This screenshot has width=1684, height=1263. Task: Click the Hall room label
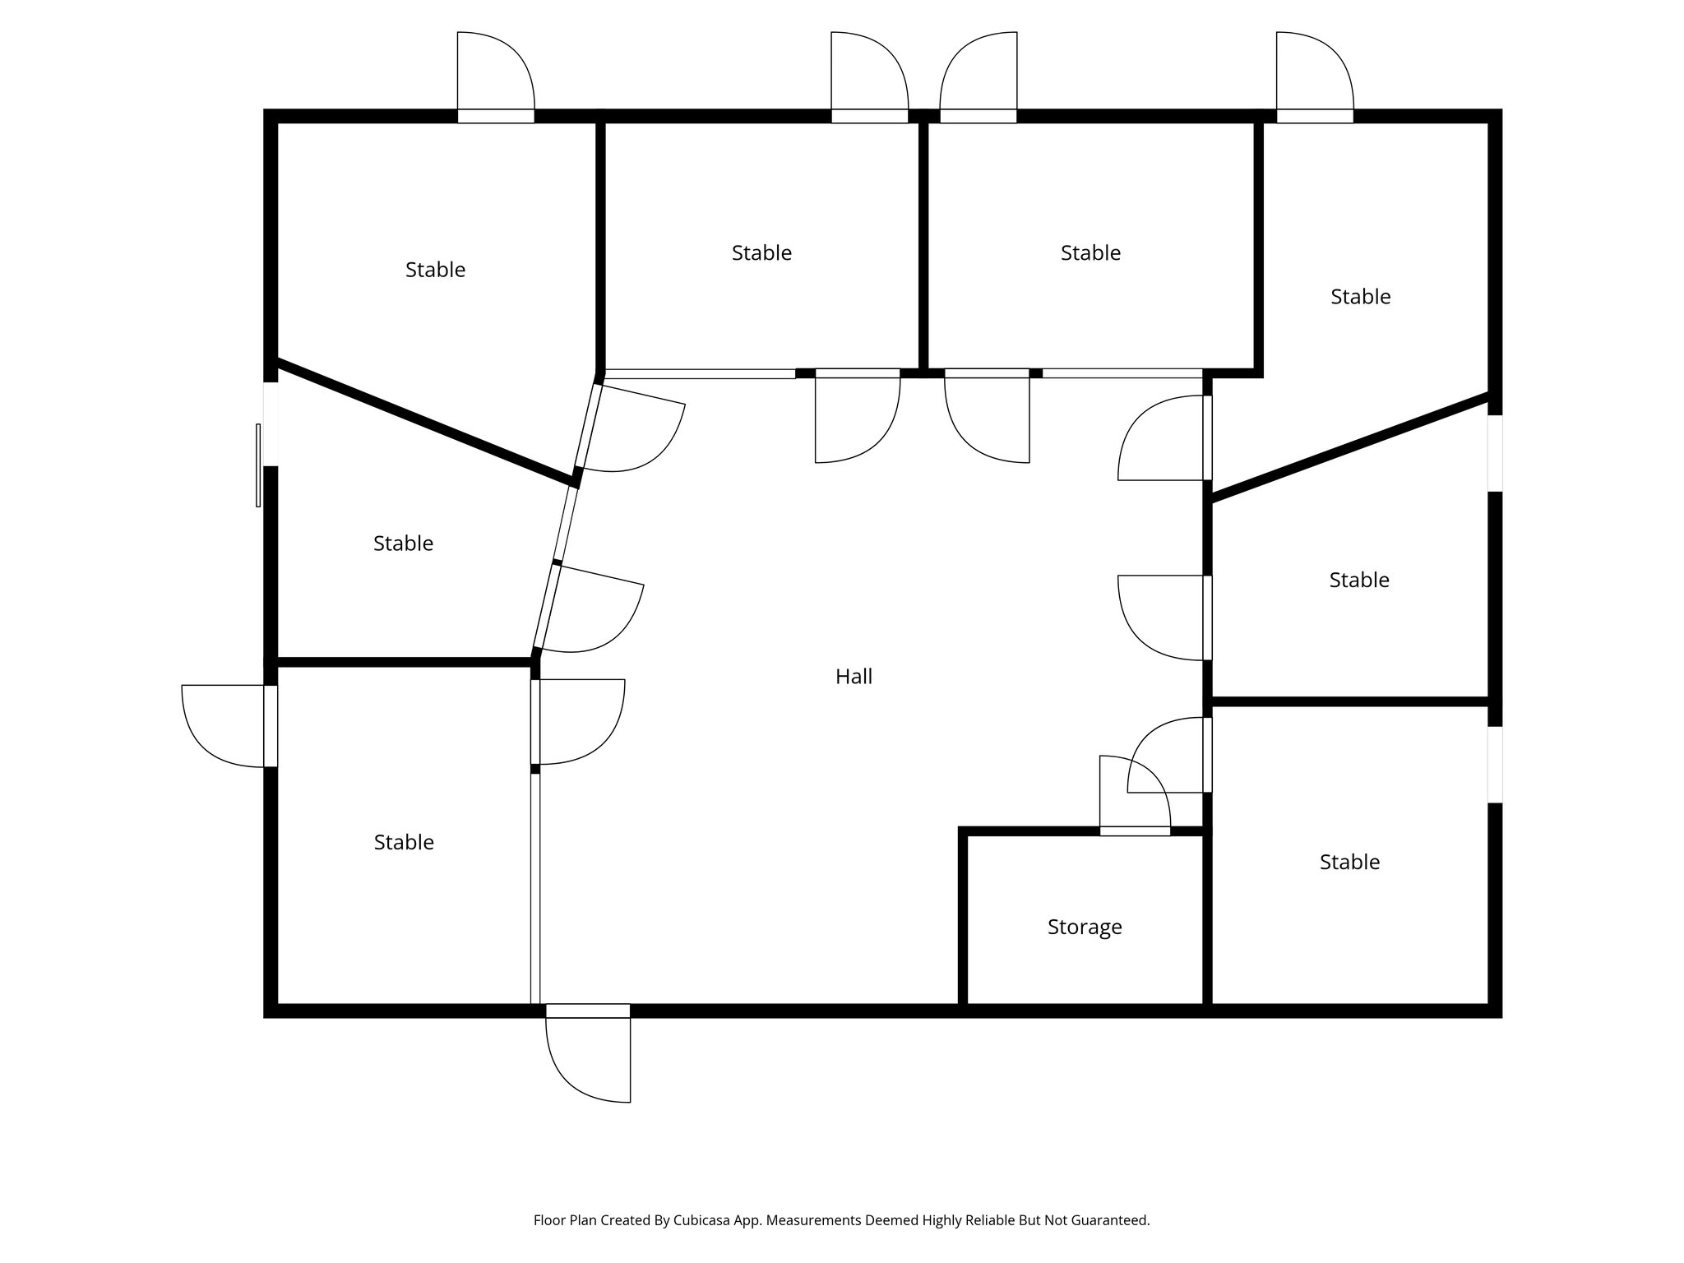pos(854,677)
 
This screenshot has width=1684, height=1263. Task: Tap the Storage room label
pos(1085,928)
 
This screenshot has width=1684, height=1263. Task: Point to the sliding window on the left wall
pos(259,465)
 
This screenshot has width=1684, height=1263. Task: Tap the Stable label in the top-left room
pos(435,270)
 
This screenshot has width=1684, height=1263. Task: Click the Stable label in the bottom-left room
pos(404,842)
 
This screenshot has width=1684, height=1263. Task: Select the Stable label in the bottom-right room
pos(1349,862)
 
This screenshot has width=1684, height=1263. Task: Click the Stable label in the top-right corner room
pos(1360,296)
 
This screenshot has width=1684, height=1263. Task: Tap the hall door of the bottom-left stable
pos(581,722)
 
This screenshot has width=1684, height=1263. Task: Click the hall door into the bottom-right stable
pos(1168,755)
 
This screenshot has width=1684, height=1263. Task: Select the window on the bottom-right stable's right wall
pos(1495,765)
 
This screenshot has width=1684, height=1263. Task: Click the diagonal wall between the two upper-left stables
pos(424,420)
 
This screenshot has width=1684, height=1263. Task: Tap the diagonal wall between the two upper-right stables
pos(1349,448)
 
